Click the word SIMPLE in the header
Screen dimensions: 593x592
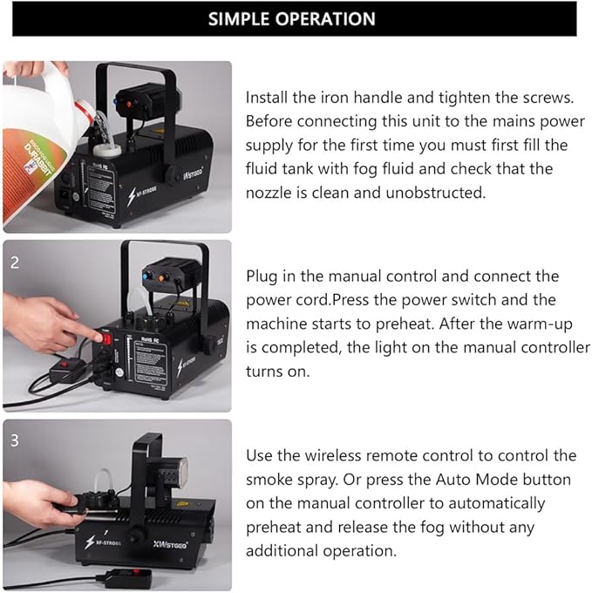pyautogui.click(x=241, y=18)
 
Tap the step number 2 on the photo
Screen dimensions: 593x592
pyautogui.click(x=14, y=262)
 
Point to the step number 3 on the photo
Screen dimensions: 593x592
pyautogui.click(x=14, y=440)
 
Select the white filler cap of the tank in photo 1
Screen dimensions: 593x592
pyautogui.click(x=112, y=149)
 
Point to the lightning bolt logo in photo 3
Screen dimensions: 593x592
pyautogui.click(x=89, y=542)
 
